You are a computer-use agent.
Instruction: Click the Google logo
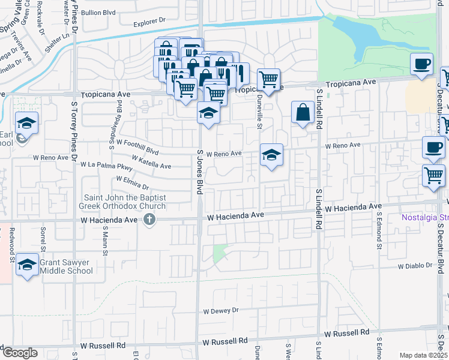(19, 353)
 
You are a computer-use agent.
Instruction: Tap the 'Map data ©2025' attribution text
(424, 355)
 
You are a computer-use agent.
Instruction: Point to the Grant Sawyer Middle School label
(67, 266)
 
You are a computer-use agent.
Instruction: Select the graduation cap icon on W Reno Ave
(271, 155)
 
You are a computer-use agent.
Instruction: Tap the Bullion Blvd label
(98, 12)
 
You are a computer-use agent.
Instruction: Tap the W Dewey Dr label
(221, 311)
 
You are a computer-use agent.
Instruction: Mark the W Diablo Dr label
(415, 265)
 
